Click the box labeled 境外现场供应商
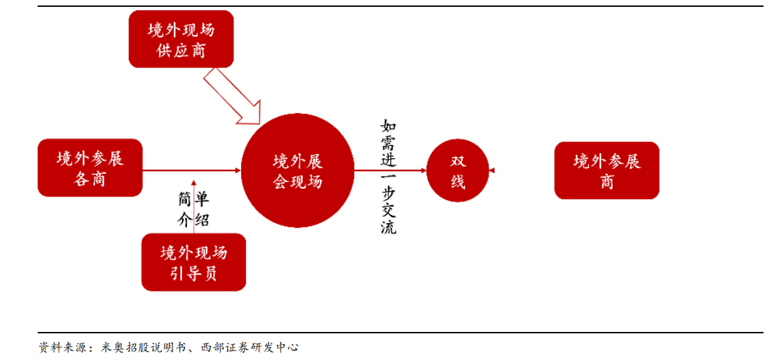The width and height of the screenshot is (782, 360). coord(181,39)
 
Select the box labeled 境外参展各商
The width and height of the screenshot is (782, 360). coord(90,168)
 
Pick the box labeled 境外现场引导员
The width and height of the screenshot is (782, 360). coord(193,262)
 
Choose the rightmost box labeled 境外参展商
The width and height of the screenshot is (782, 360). coord(606,170)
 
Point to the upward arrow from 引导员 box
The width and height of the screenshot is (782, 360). coord(194,205)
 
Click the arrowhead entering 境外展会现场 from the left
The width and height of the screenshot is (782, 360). coord(237,170)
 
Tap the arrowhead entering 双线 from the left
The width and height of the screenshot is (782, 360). coord(422,170)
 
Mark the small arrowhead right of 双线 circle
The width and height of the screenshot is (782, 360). coord(491,170)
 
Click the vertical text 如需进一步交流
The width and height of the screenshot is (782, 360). coord(389,177)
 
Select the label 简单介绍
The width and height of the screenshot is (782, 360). coord(194,209)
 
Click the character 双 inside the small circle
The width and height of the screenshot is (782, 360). coord(457,162)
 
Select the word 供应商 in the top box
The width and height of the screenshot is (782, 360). coord(181,50)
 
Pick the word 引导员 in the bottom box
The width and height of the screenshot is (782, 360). coord(193,274)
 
